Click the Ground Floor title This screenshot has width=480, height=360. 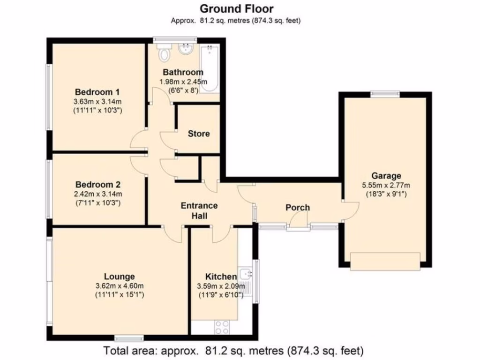(x=237, y=8)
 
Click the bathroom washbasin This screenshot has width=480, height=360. (x=187, y=49)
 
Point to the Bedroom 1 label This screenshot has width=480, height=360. (x=97, y=92)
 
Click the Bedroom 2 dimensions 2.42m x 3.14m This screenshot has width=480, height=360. (x=97, y=194)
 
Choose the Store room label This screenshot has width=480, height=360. (x=199, y=134)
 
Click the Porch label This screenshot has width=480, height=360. (x=298, y=208)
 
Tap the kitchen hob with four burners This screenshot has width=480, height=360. (x=222, y=325)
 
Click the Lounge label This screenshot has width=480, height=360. (x=120, y=277)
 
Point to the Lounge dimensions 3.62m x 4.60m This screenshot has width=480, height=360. (x=120, y=286)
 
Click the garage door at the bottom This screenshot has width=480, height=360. (x=385, y=261)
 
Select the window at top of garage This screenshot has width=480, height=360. (x=385, y=94)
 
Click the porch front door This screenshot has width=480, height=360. (x=298, y=220)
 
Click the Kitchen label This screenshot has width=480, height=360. (x=221, y=276)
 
